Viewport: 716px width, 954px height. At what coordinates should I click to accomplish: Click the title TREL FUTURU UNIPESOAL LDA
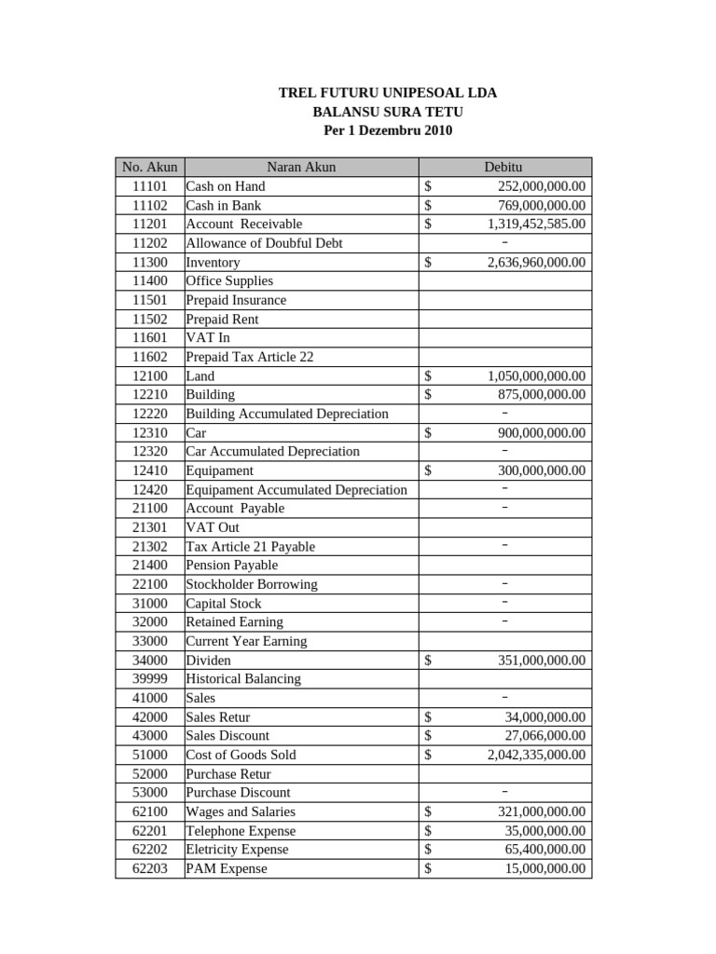point(388,93)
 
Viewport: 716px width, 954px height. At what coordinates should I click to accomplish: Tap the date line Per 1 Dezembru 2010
point(388,130)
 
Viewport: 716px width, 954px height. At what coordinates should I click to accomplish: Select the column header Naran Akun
point(301,168)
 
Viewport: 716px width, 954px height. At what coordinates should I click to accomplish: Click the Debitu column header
point(504,168)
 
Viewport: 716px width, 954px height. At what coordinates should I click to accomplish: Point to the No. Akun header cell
point(149,168)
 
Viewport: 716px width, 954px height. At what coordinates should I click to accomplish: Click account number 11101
point(149,186)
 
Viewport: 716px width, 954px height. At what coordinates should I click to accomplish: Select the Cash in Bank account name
point(224,205)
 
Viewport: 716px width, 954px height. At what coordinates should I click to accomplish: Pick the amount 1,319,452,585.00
point(536,225)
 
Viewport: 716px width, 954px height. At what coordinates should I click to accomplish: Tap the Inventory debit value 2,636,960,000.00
point(536,263)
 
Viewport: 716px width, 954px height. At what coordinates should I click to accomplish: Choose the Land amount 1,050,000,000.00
point(536,376)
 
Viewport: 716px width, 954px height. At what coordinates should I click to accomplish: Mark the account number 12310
point(149,433)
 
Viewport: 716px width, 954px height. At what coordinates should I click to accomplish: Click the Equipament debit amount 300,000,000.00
point(541,471)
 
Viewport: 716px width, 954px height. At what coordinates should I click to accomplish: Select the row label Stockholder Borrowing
point(252,584)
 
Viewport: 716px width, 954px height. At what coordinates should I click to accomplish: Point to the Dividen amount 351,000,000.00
point(541,661)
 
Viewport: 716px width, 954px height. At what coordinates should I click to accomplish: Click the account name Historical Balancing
point(243,679)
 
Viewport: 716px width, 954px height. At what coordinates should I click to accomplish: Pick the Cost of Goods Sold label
point(241,755)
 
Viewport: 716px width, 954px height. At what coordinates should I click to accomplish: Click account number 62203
point(149,868)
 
